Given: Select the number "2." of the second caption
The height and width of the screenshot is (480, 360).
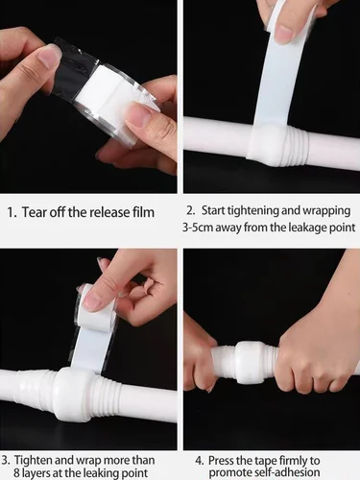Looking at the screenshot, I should pyautogui.click(x=192, y=209).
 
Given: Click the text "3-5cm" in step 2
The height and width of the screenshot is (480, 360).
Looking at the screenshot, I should pyautogui.click(x=203, y=228).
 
